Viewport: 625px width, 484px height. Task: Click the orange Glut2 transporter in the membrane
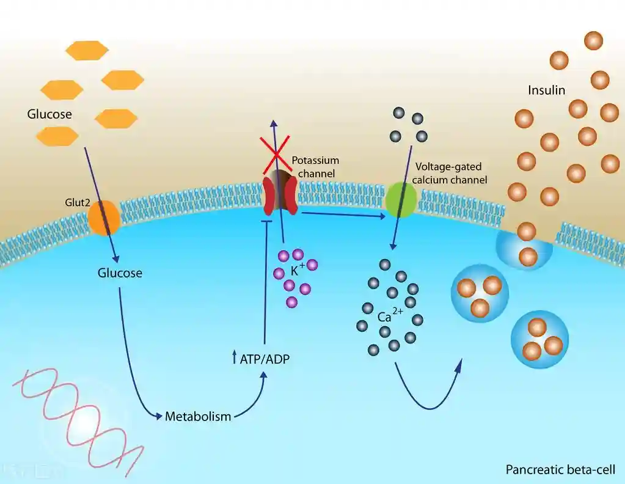(x=104, y=217)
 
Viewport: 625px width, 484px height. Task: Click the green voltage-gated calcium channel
(x=401, y=200)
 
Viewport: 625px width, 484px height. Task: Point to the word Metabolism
(x=198, y=417)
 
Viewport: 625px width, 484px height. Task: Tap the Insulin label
(x=546, y=90)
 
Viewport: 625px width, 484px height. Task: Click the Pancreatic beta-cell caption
(x=560, y=470)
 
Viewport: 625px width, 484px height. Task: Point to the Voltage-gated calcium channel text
(x=451, y=173)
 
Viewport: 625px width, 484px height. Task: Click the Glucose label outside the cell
(x=49, y=114)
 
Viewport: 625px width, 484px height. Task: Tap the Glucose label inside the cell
(x=120, y=273)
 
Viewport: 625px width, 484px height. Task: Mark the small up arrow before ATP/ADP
(x=234, y=359)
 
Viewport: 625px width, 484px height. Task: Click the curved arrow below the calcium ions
(x=427, y=391)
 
